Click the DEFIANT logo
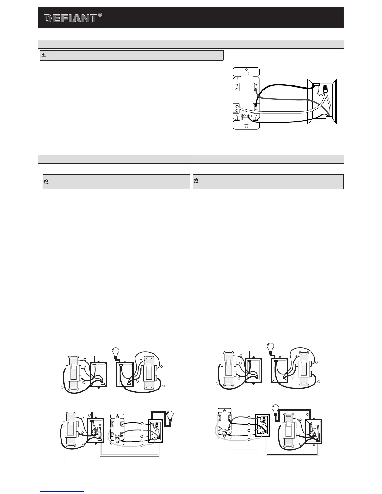(x=70, y=18)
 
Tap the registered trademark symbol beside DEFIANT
(x=100, y=15)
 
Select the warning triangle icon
(x=43, y=55)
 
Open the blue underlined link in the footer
(x=62, y=491)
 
